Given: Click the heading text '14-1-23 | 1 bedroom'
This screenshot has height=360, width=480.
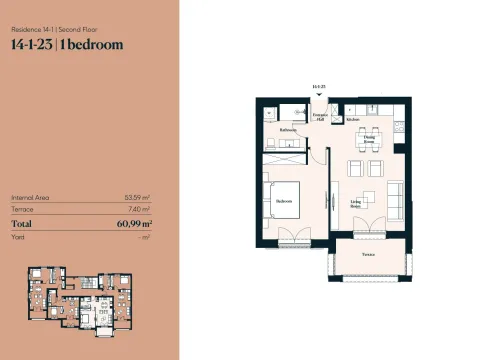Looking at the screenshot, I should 67,43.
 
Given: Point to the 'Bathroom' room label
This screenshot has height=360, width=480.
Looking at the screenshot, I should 288,130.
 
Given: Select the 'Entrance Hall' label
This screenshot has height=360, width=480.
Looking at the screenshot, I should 320,118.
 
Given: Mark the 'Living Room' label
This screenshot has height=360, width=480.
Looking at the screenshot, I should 356,203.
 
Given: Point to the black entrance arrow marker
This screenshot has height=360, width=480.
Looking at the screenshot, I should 320,96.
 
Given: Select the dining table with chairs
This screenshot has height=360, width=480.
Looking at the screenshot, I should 366,130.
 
